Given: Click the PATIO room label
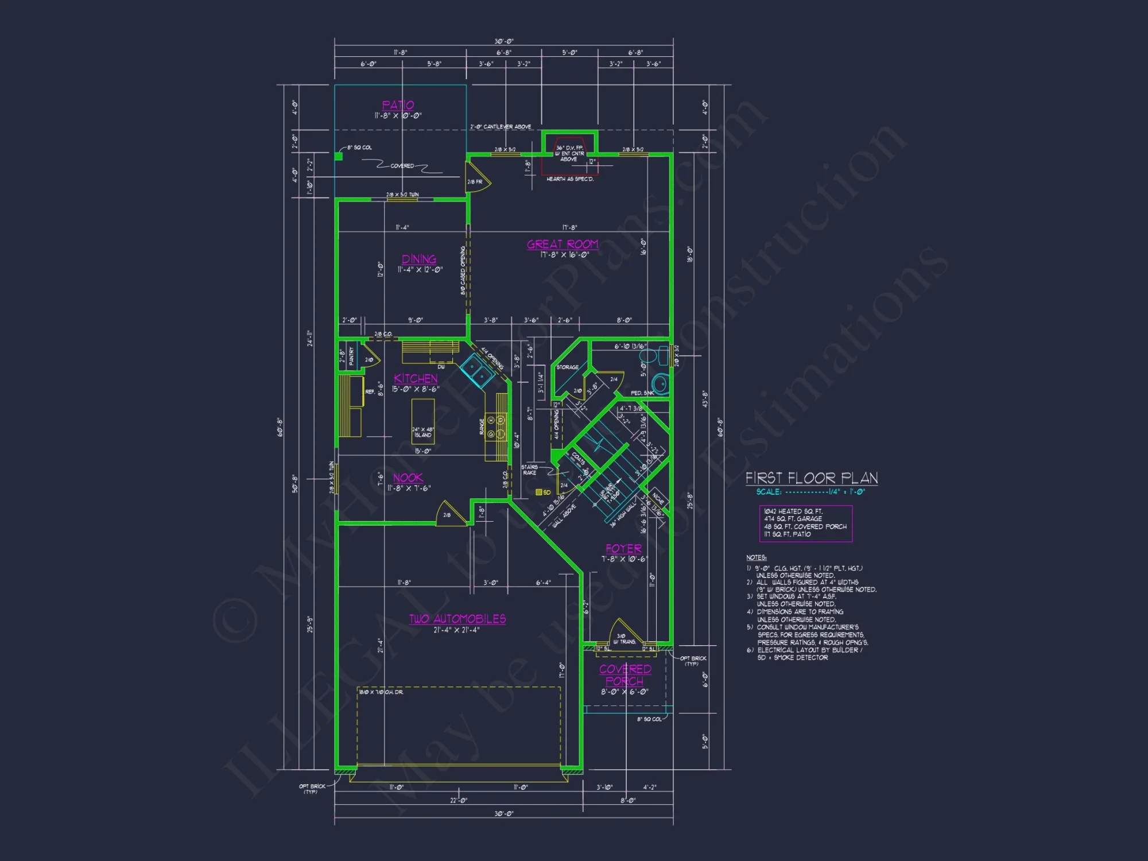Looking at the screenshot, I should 398,105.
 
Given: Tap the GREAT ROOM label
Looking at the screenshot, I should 563,245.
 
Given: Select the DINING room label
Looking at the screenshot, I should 419,259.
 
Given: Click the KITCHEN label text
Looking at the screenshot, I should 416,379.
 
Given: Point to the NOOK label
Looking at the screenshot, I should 408,478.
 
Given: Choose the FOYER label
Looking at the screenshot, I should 623,549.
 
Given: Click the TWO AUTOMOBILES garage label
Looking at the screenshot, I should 457,619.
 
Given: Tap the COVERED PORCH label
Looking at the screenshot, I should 625,676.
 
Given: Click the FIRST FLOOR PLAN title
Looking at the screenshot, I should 812,478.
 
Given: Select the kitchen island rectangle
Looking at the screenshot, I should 423,421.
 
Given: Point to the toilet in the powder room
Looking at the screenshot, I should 660,384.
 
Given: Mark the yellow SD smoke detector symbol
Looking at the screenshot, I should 539,492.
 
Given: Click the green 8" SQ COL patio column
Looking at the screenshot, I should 339,156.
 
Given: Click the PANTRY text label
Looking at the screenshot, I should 351,356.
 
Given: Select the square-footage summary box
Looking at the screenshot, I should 805,523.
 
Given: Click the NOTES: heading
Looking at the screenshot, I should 756,557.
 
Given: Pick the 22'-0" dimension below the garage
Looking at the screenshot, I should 458,800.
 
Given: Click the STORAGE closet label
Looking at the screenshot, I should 567,367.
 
